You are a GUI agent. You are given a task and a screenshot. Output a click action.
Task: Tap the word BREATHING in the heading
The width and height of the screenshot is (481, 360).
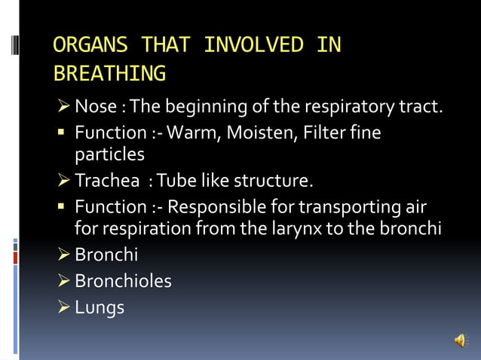(109, 74)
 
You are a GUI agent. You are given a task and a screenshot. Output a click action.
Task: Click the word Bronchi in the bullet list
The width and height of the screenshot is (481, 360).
(106, 255)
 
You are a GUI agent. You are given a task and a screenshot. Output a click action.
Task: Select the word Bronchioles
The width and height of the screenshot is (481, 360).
(123, 281)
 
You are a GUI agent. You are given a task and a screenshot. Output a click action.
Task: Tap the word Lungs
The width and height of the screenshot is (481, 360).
(100, 307)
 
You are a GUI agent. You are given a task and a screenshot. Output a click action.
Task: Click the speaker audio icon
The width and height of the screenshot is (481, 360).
(460, 340)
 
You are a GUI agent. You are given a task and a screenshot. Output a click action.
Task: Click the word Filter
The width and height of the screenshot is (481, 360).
(329, 133)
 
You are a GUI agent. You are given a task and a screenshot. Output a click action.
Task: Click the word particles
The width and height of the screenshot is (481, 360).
(109, 155)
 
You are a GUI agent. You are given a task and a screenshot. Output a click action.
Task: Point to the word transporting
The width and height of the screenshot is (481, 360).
(361, 206)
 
